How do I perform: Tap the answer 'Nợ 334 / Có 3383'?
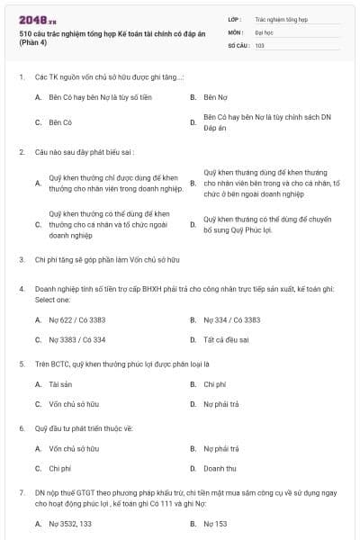click(232, 319)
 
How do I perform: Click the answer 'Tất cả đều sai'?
click(227, 339)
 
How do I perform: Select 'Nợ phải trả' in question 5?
click(221, 404)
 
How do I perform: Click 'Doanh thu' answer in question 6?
click(220, 468)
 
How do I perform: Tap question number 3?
click(21, 259)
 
